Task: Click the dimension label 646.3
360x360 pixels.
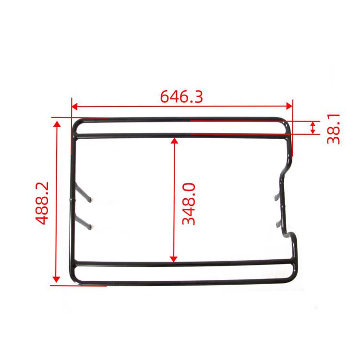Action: point(181,96)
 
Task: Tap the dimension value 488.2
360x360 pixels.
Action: point(43,203)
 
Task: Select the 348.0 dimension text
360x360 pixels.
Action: point(188,203)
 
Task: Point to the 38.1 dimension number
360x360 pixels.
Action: point(333,128)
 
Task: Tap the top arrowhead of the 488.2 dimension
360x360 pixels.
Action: point(57,124)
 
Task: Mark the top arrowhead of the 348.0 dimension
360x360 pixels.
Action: point(174,141)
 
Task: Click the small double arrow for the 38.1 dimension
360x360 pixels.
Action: point(313,128)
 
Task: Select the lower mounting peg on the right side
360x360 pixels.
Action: point(278,222)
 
